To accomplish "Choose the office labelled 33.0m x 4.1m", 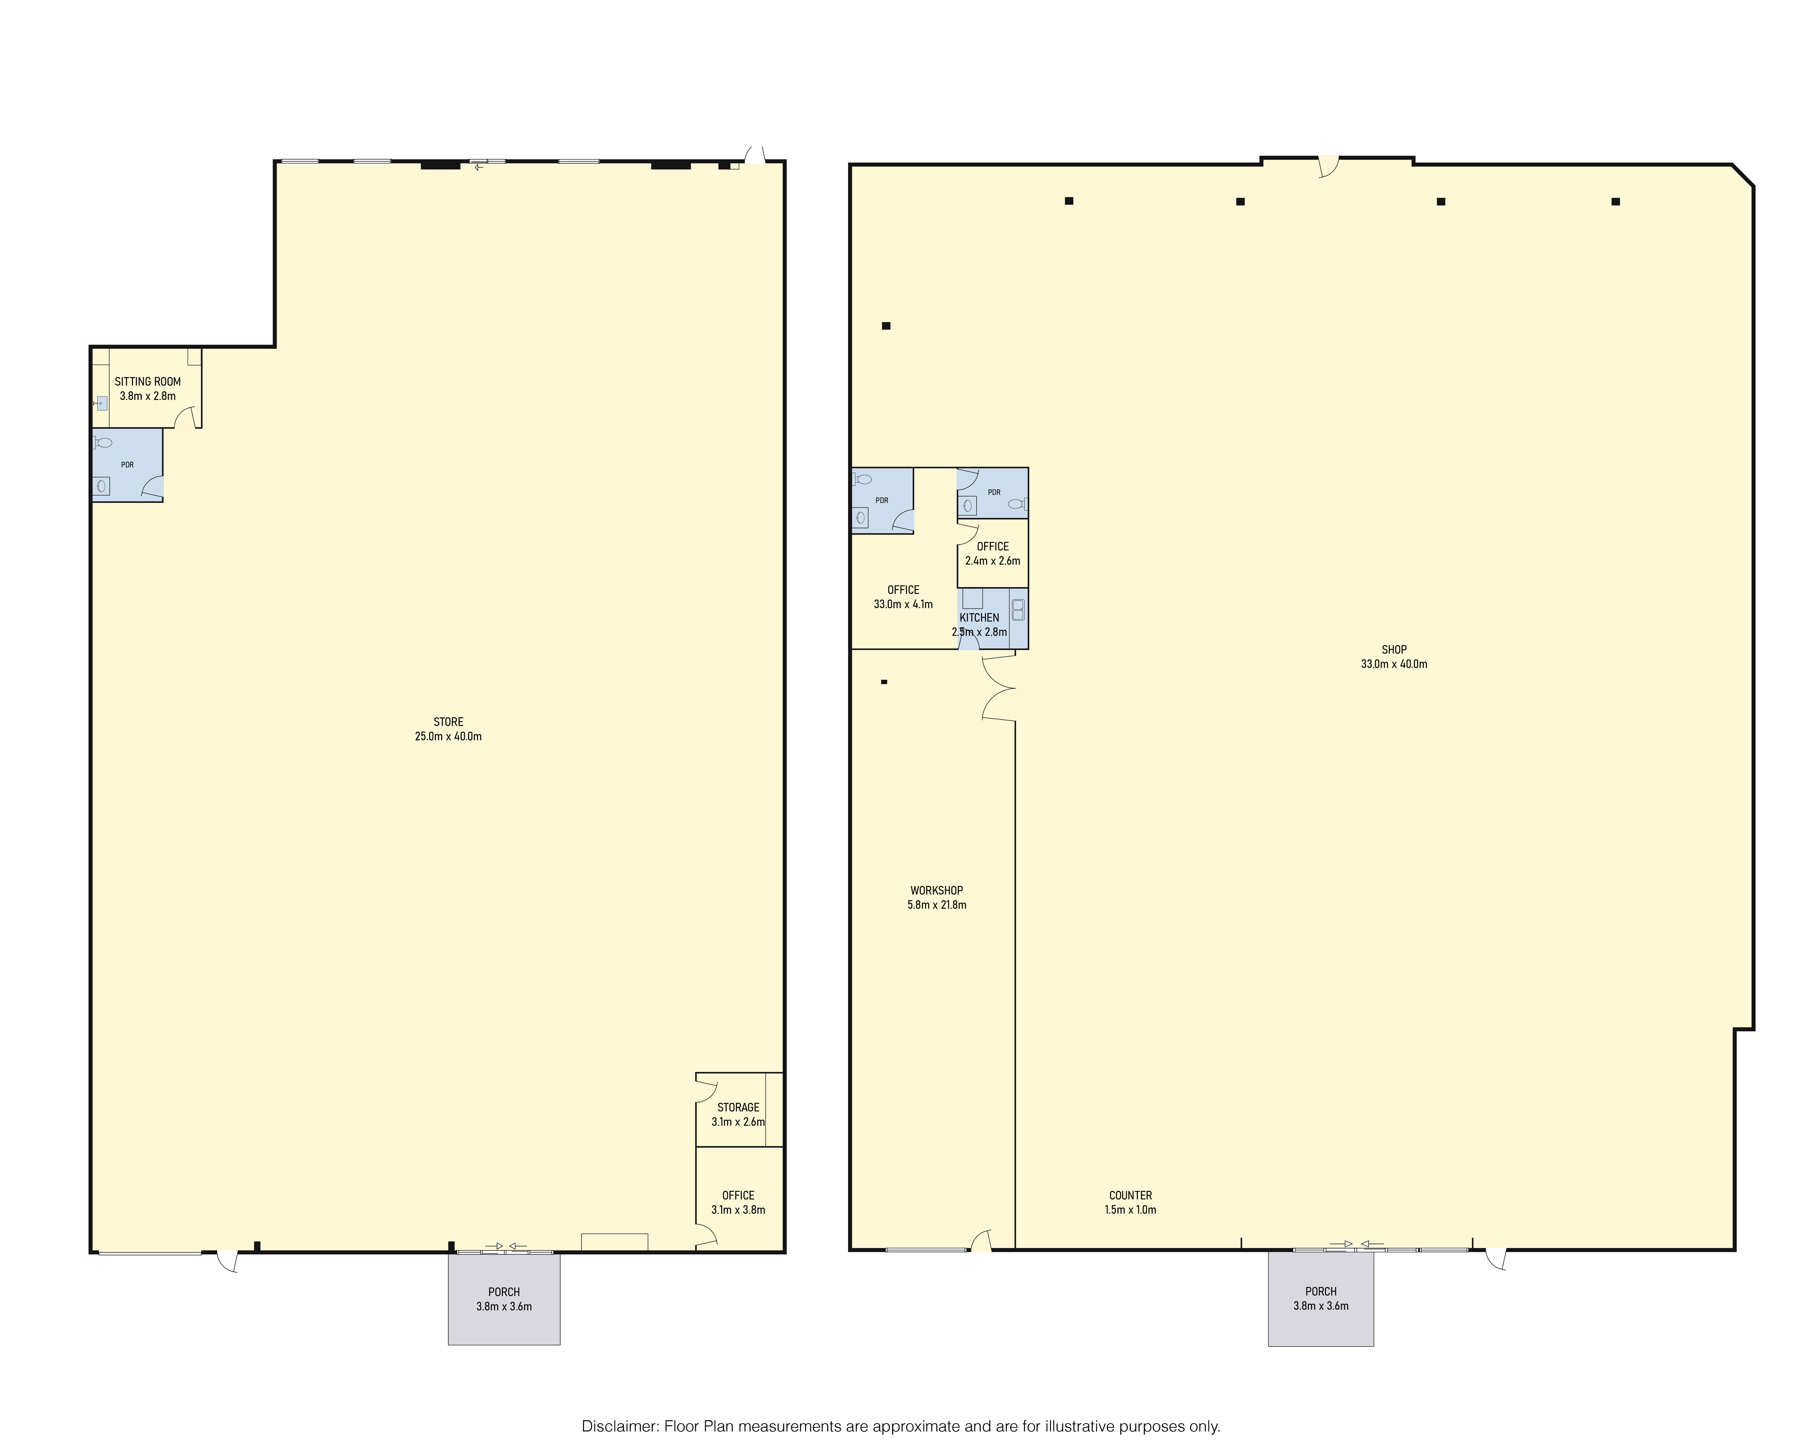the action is click(903, 596).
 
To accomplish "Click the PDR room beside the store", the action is click(127, 465).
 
